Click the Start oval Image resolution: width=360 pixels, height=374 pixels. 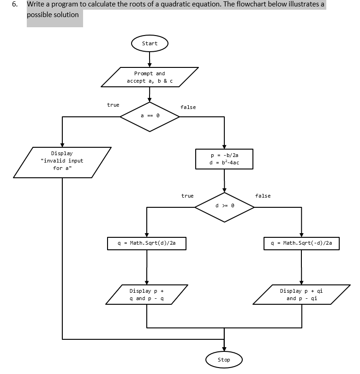(x=150, y=43)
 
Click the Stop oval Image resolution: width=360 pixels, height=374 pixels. (x=224, y=360)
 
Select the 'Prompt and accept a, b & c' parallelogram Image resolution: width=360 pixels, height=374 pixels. (x=150, y=77)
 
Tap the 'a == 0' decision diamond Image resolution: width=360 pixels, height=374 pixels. (x=150, y=116)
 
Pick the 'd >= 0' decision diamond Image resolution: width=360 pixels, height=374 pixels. (x=224, y=207)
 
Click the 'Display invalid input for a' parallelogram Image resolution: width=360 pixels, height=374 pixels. (x=62, y=161)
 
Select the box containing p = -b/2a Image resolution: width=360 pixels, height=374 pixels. (x=224, y=159)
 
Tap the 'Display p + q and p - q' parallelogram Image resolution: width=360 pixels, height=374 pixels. (x=147, y=295)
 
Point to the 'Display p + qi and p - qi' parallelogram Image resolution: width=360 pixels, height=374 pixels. (x=301, y=295)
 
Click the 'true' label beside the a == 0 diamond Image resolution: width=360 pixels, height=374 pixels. (x=113, y=105)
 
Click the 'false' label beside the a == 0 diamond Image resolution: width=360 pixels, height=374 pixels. (x=188, y=107)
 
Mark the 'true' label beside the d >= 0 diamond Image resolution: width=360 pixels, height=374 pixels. (x=187, y=196)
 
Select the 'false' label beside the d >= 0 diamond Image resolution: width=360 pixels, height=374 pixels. (x=263, y=196)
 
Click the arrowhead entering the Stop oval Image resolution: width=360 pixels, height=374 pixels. (x=224, y=349)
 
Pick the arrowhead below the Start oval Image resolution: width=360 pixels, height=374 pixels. (x=150, y=64)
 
